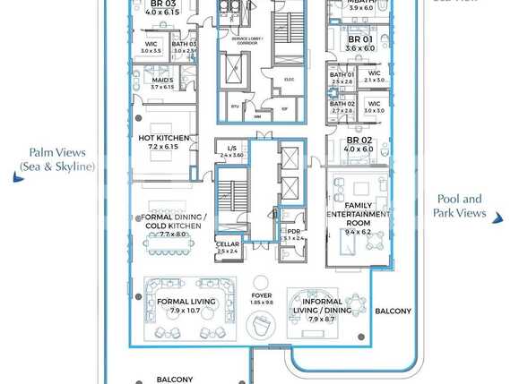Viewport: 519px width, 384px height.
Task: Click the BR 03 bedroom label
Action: click(x=162, y=4)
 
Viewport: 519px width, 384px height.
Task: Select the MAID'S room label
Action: click(x=161, y=80)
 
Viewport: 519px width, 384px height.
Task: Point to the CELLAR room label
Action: click(x=227, y=244)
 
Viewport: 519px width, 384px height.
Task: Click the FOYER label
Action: click(x=261, y=294)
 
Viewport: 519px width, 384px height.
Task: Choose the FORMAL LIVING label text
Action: click(x=186, y=302)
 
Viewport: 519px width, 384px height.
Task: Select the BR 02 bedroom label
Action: click(x=359, y=141)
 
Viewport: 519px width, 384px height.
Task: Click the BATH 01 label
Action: click(x=342, y=74)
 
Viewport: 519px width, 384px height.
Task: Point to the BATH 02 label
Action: click(x=342, y=104)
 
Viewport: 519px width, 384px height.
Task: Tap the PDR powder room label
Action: click(x=293, y=231)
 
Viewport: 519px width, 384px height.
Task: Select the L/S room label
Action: click(x=231, y=148)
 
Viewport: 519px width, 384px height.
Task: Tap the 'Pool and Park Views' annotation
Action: click(x=460, y=206)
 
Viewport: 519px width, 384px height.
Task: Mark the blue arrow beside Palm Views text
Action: click(x=17, y=179)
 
